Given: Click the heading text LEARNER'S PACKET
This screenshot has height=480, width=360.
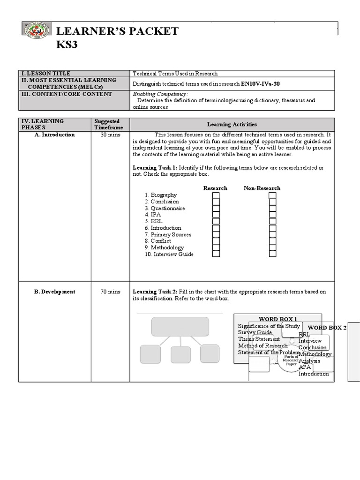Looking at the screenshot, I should tap(117, 31).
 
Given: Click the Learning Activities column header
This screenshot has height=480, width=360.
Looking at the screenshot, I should tap(232, 124).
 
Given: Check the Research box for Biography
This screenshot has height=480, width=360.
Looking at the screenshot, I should tap(216, 195).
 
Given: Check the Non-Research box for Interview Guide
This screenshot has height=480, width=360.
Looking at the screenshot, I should tap(272, 254).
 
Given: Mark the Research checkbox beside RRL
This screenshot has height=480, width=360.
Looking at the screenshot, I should tap(216, 221).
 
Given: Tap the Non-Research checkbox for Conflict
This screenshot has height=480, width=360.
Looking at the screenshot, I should tap(272, 241).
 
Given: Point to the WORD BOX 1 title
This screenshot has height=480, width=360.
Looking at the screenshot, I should tap(278, 319).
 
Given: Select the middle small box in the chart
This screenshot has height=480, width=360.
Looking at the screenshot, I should tap(180, 354).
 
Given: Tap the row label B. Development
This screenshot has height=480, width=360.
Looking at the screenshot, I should tap(54, 292).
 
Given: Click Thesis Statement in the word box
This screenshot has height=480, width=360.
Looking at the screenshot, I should tap(259, 339).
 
